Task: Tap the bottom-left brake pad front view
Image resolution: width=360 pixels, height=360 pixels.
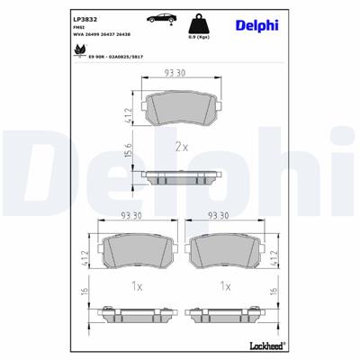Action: [x=138, y=251]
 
